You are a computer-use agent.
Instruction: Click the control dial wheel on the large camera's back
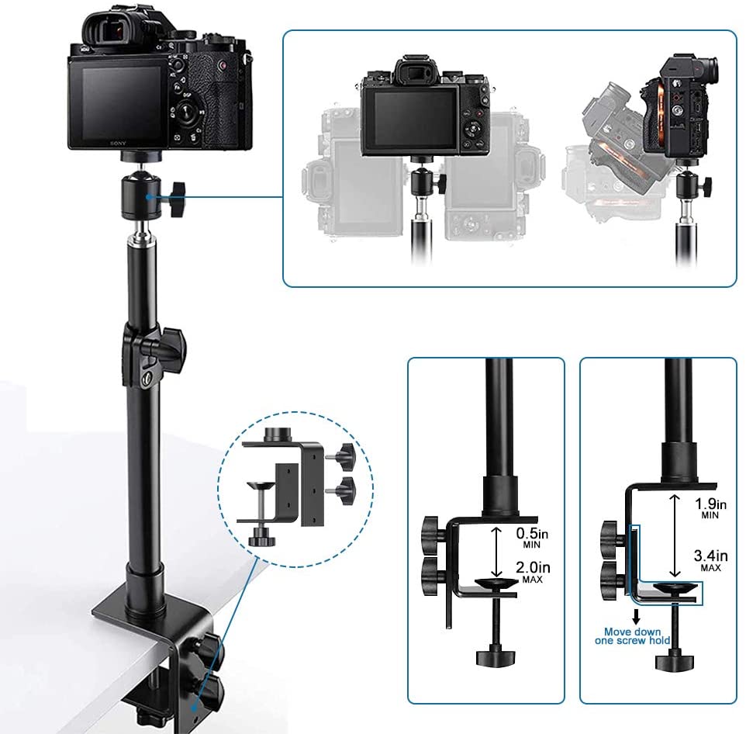(x=187, y=110)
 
